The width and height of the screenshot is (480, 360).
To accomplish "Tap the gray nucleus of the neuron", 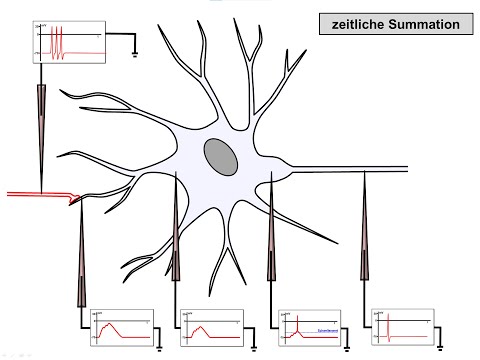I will point(221,156).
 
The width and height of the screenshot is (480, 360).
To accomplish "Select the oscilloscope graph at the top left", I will point(69,46).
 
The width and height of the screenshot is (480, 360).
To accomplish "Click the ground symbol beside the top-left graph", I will point(135,55).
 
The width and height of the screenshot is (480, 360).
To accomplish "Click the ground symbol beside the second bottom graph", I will point(254,345).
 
